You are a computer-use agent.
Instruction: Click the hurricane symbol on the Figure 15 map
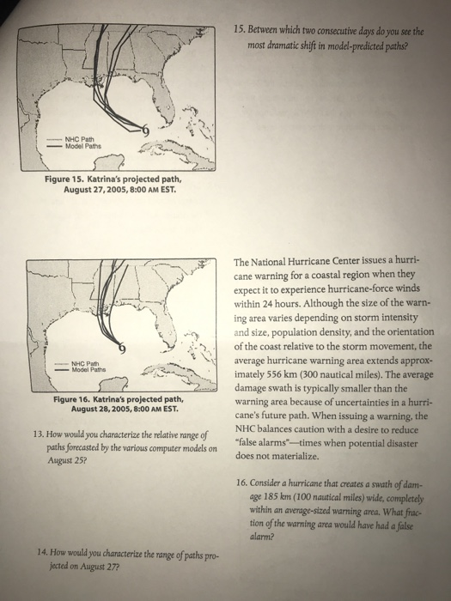coord(144,131)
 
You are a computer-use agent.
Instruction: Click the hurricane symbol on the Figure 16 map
coord(122,348)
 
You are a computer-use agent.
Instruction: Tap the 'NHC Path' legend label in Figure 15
coord(79,139)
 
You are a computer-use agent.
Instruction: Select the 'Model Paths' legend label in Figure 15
coord(83,146)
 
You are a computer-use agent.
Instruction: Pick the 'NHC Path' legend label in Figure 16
coord(85,363)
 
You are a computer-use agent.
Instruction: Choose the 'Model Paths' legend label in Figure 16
coord(89,369)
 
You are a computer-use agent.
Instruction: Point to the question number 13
coord(39,434)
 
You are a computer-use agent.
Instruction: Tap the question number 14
coord(43,552)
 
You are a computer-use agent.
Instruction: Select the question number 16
coord(241,483)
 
